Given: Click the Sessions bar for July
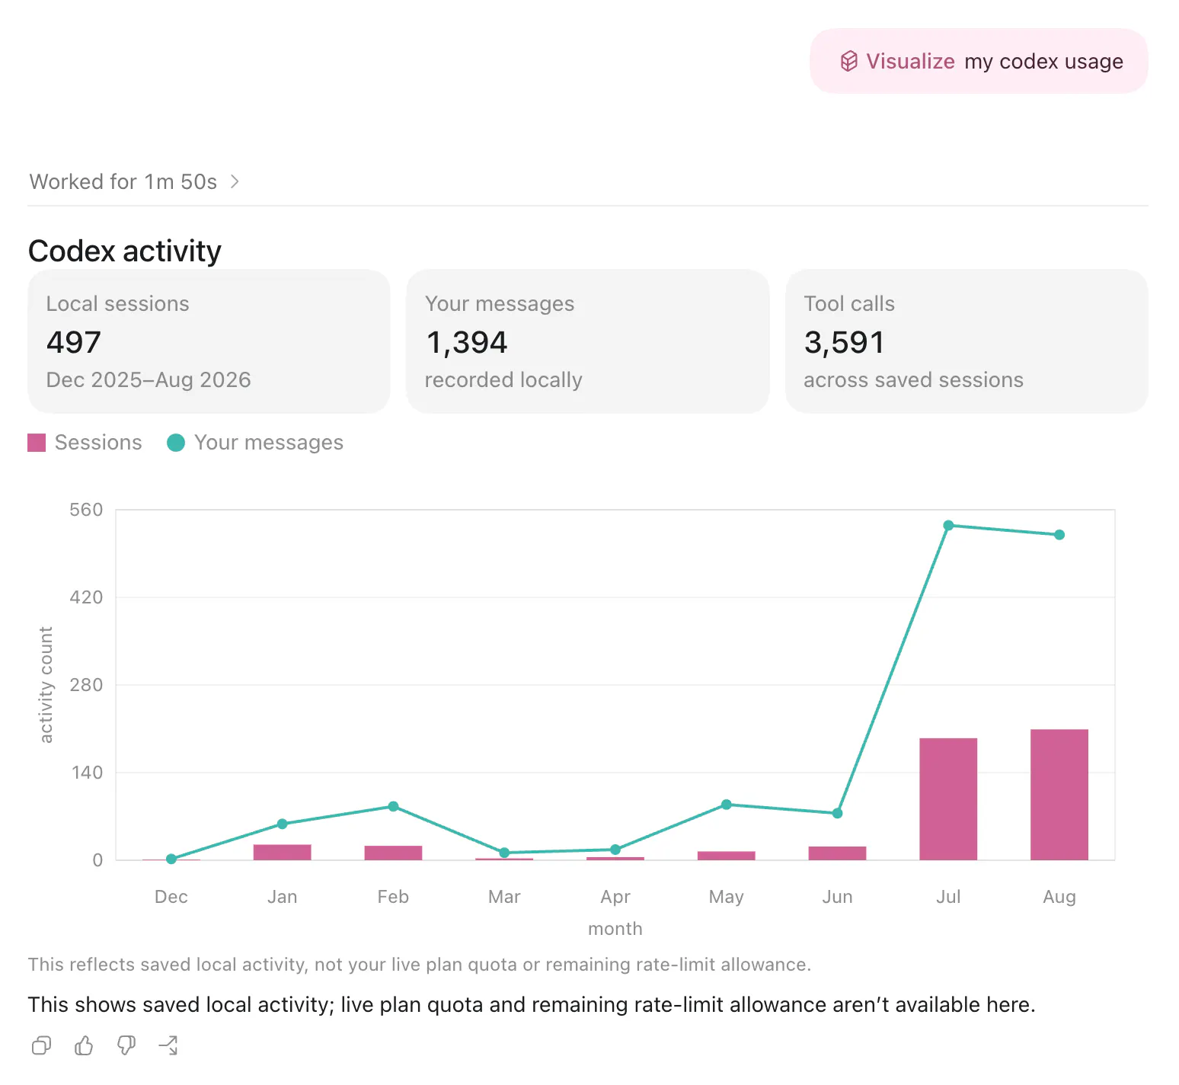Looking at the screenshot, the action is (948, 799).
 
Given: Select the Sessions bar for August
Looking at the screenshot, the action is (1059, 795).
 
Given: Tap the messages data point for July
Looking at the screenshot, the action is (948, 526).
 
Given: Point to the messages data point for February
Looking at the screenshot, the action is (393, 806).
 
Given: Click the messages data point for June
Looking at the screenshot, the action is (837, 813).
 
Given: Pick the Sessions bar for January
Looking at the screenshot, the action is (283, 852).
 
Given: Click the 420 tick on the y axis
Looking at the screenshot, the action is (86, 597).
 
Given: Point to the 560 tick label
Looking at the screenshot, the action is (86, 510).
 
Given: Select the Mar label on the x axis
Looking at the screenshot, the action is (504, 897).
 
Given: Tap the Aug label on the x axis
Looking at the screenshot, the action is (1059, 897).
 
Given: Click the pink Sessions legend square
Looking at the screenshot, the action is (37, 443).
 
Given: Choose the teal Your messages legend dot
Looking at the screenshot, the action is (176, 443).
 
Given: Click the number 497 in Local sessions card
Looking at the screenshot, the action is (74, 342).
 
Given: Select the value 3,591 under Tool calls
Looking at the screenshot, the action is (844, 343).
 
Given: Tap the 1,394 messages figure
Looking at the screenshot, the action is (466, 343).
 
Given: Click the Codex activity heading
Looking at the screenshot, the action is (125, 251).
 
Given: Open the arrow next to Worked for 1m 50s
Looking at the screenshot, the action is (235, 181).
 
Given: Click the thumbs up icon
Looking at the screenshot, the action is (84, 1045).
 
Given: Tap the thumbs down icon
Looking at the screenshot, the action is (126, 1045).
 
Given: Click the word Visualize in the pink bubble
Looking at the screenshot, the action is (910, 61).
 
